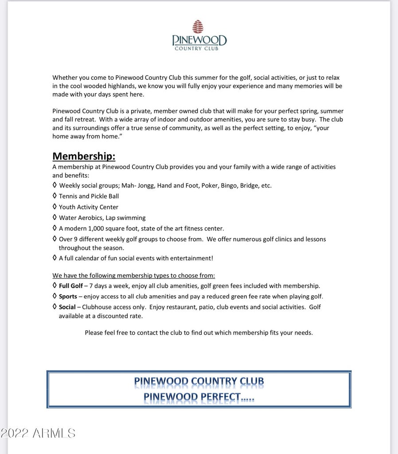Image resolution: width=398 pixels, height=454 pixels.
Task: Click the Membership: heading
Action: point(84,156)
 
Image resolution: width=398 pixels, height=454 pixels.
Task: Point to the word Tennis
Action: point(68,196)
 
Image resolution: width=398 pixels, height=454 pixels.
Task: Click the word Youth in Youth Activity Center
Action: point(67,207)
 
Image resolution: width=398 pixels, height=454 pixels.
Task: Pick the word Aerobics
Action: point(91,218)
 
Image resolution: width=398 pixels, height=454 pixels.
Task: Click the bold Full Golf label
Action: point(70,286)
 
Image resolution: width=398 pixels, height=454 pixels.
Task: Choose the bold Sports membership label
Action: point(68,296)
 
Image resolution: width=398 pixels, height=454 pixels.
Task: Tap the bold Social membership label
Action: point(67,307)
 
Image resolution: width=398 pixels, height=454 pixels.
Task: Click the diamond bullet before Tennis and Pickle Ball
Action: point(55,196)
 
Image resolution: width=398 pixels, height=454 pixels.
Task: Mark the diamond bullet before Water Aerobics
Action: point(55,217)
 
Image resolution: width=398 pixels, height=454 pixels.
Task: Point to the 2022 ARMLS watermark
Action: point(38,433)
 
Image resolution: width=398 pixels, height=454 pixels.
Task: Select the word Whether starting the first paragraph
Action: point(65,77)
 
